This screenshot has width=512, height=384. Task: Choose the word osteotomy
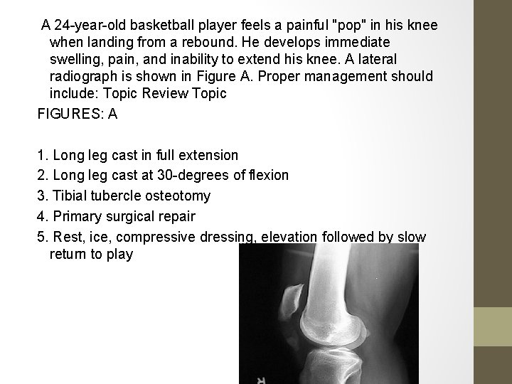tap(171, 195)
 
